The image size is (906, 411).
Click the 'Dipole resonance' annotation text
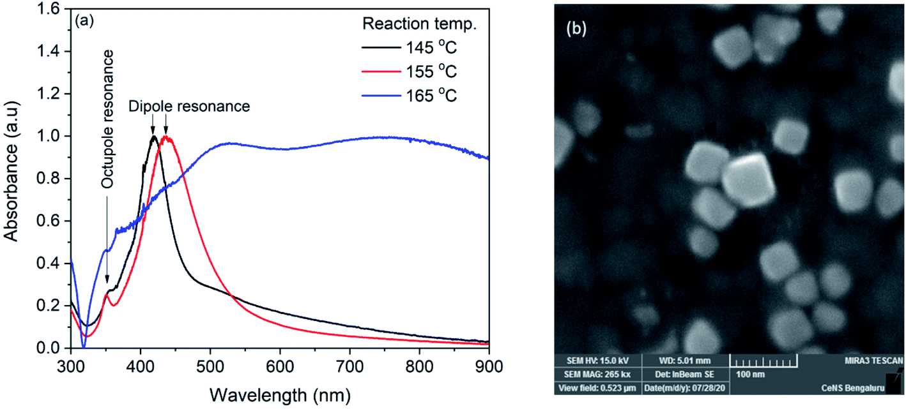(x=189, y=107)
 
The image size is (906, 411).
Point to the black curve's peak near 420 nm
(x=153, y=137)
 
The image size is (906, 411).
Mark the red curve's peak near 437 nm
(x=166, y=137)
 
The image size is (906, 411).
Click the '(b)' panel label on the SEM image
(x=578, y=29)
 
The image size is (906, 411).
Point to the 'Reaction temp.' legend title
(x=420, y=25)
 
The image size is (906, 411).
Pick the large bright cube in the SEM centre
(x=749, y=180)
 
